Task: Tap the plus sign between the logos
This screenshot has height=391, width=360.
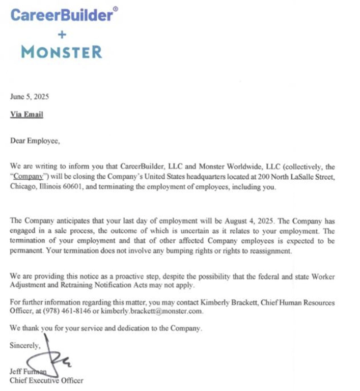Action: coord(62,34)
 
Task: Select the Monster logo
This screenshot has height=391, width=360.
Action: coord(62,52)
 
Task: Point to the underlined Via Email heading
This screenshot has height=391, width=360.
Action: coord(26,115)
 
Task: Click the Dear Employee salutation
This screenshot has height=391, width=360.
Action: coord(35,142)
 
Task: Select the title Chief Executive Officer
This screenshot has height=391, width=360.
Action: coord(46,380)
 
